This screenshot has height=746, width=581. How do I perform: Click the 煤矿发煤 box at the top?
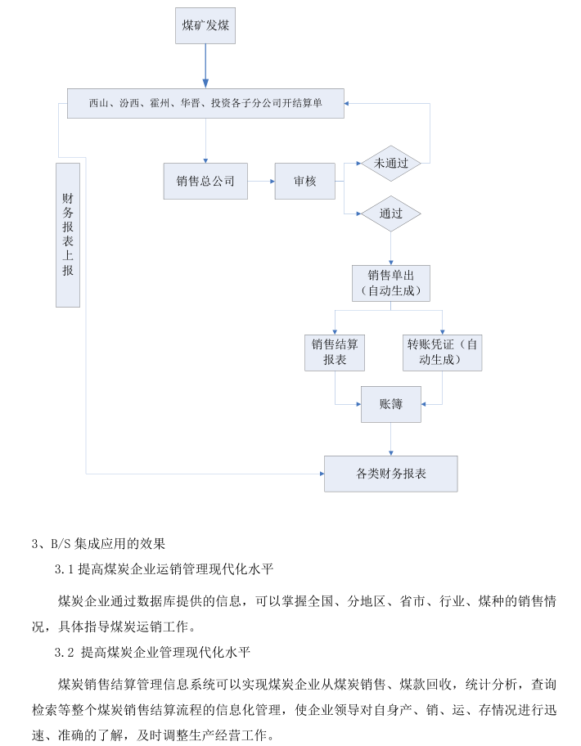pos(205,25)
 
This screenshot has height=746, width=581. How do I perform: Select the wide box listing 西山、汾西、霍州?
pos(205,103)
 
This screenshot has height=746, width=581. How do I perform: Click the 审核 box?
pos(305,182)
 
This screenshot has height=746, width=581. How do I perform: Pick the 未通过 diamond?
pos(391,163)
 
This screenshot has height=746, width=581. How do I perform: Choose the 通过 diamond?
pos(391,213)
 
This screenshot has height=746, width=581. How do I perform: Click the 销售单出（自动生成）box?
pos(391,282)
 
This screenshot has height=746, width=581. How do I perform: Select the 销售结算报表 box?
pos(335,352)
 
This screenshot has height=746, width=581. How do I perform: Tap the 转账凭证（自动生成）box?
pos(443,352)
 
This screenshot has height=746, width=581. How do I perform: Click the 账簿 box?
pos(391,404)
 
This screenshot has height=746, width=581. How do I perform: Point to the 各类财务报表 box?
pos(390,474)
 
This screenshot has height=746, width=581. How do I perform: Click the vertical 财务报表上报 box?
pos(68,234)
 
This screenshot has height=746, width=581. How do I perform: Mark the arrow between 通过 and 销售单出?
pos(391,248)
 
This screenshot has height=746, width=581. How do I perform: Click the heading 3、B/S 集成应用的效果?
pos(98,542)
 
